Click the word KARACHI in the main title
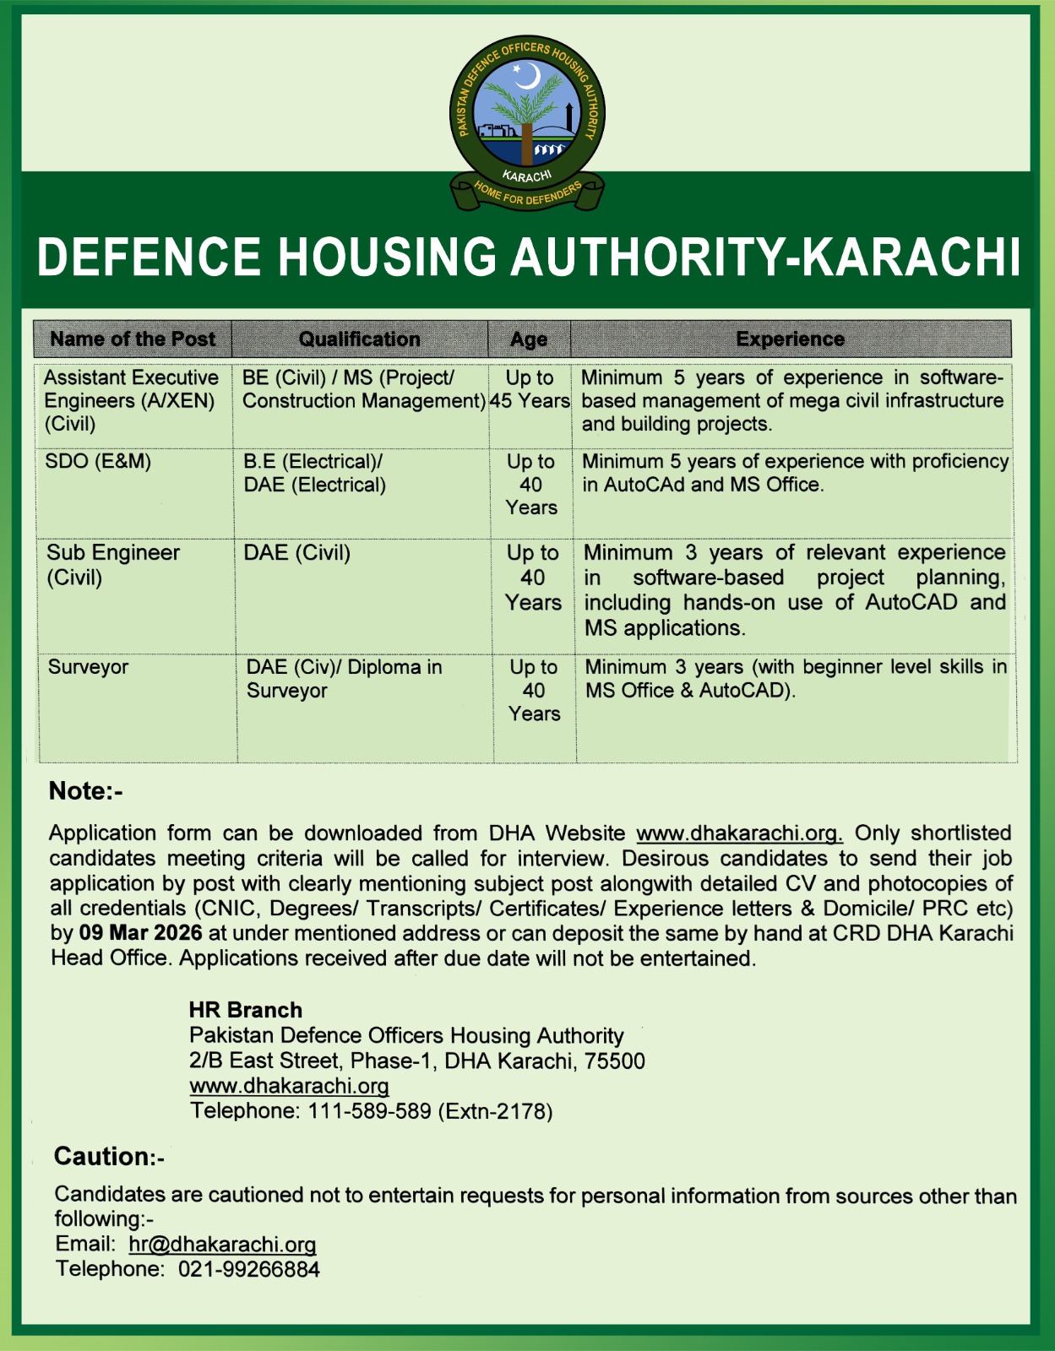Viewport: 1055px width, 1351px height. [x=911, y=257]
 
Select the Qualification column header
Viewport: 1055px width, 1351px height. [x=359, y=339]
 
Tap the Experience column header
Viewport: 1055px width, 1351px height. [x=790, y=339]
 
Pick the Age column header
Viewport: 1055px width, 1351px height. [x=529, y=339]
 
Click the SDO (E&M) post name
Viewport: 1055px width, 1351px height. [x=98, y=462]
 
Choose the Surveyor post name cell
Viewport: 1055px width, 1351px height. [x=89, y=667]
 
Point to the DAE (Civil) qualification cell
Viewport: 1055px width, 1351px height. [x=297, y=553]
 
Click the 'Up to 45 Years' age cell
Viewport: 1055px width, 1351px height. [x=530, y=389]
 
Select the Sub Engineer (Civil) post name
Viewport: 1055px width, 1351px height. [x=112, y=565]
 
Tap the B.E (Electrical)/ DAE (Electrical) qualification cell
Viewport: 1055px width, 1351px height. [x=314, y=473]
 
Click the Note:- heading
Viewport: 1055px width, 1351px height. [x=86, y=791]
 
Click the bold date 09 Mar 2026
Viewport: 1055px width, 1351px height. [x=140, y=933]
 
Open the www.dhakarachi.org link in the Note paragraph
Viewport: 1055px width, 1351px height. [x=739, y=833]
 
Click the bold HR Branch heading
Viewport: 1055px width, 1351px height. [x=245, y=1010]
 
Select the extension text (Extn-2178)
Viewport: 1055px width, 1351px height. [x=495, y=1111]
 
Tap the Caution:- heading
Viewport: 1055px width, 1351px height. [x=109, y=1157]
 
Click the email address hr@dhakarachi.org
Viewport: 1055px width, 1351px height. [x=222, y=1245]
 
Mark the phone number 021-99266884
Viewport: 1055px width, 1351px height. [x=248, y=1269]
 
